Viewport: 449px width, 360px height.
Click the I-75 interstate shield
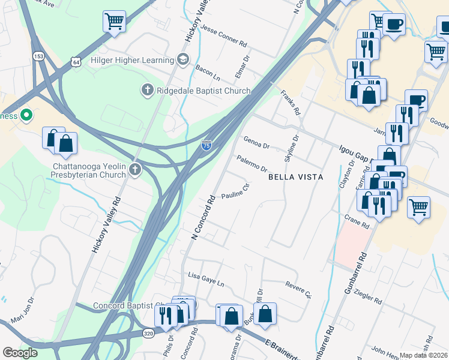[206, 145]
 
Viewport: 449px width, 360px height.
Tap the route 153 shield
[38, 56]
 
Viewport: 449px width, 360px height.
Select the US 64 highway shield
[76, 62]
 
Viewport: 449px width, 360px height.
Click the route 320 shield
[148, 333]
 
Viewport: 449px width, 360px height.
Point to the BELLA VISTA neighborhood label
[295, 177]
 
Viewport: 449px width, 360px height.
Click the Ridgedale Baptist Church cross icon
[146, 91]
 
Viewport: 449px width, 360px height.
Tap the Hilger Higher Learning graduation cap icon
[182, 59]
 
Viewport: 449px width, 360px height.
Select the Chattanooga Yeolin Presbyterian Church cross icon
[134, 170]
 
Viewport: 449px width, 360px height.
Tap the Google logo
[20, 353]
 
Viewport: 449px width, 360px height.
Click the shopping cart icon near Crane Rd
[419, 207]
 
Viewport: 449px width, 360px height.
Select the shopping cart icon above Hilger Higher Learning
[114, 22]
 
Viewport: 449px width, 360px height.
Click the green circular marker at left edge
[26, 115]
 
